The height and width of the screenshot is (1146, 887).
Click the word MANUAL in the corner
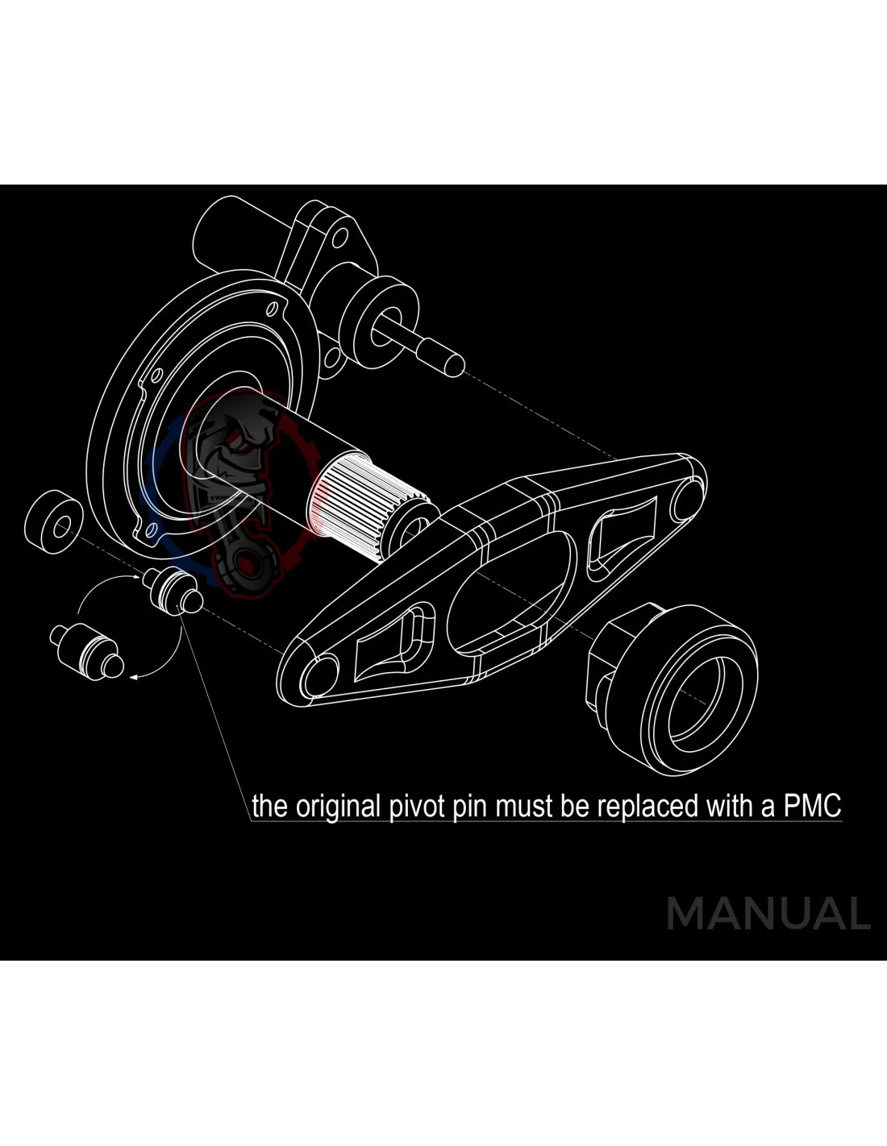pos(768,913)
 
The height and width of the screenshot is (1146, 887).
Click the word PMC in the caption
pos(812,805)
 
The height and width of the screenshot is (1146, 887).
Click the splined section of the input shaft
pos(343,500)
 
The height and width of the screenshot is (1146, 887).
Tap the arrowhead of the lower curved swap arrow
pos(135,678)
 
